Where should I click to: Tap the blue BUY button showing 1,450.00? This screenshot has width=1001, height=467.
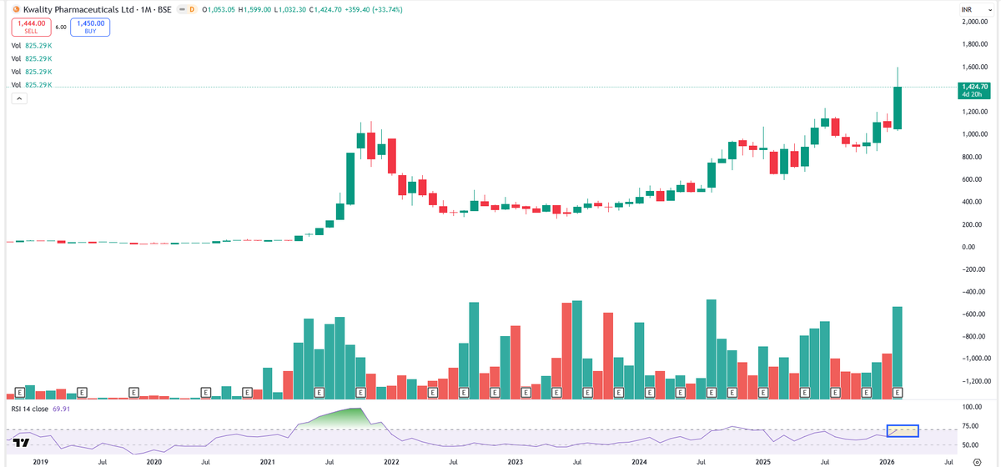pos(91,28)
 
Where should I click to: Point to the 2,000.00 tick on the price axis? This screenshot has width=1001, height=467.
pos(975,22)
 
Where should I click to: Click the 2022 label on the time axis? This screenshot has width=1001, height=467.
pos(390,459)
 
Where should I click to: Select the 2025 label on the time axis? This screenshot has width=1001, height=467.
pos(762,459)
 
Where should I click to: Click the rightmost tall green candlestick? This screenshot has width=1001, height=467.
pos(898,108)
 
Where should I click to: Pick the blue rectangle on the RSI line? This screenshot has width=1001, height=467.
pos(903,431)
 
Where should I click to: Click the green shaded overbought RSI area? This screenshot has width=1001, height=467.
pos(342,415)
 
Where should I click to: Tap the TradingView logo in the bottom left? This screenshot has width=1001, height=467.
pos(22,443)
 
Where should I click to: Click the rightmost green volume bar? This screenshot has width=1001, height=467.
pos(898,350)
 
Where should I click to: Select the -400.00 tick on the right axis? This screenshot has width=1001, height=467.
pos(973,292)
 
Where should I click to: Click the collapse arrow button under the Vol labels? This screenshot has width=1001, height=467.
pos(18,98)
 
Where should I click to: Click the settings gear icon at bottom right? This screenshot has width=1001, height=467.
pos(987,459)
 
